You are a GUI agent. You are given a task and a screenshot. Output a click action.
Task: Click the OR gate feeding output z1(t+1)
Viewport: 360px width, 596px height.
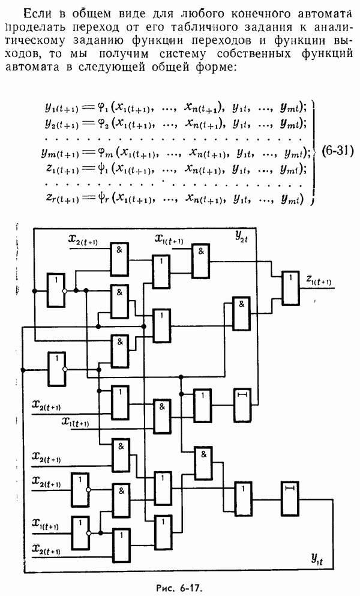click(x=290, y=287)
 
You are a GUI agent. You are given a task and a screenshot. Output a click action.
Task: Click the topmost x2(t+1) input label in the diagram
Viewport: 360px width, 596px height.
click(x=85, y=241)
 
